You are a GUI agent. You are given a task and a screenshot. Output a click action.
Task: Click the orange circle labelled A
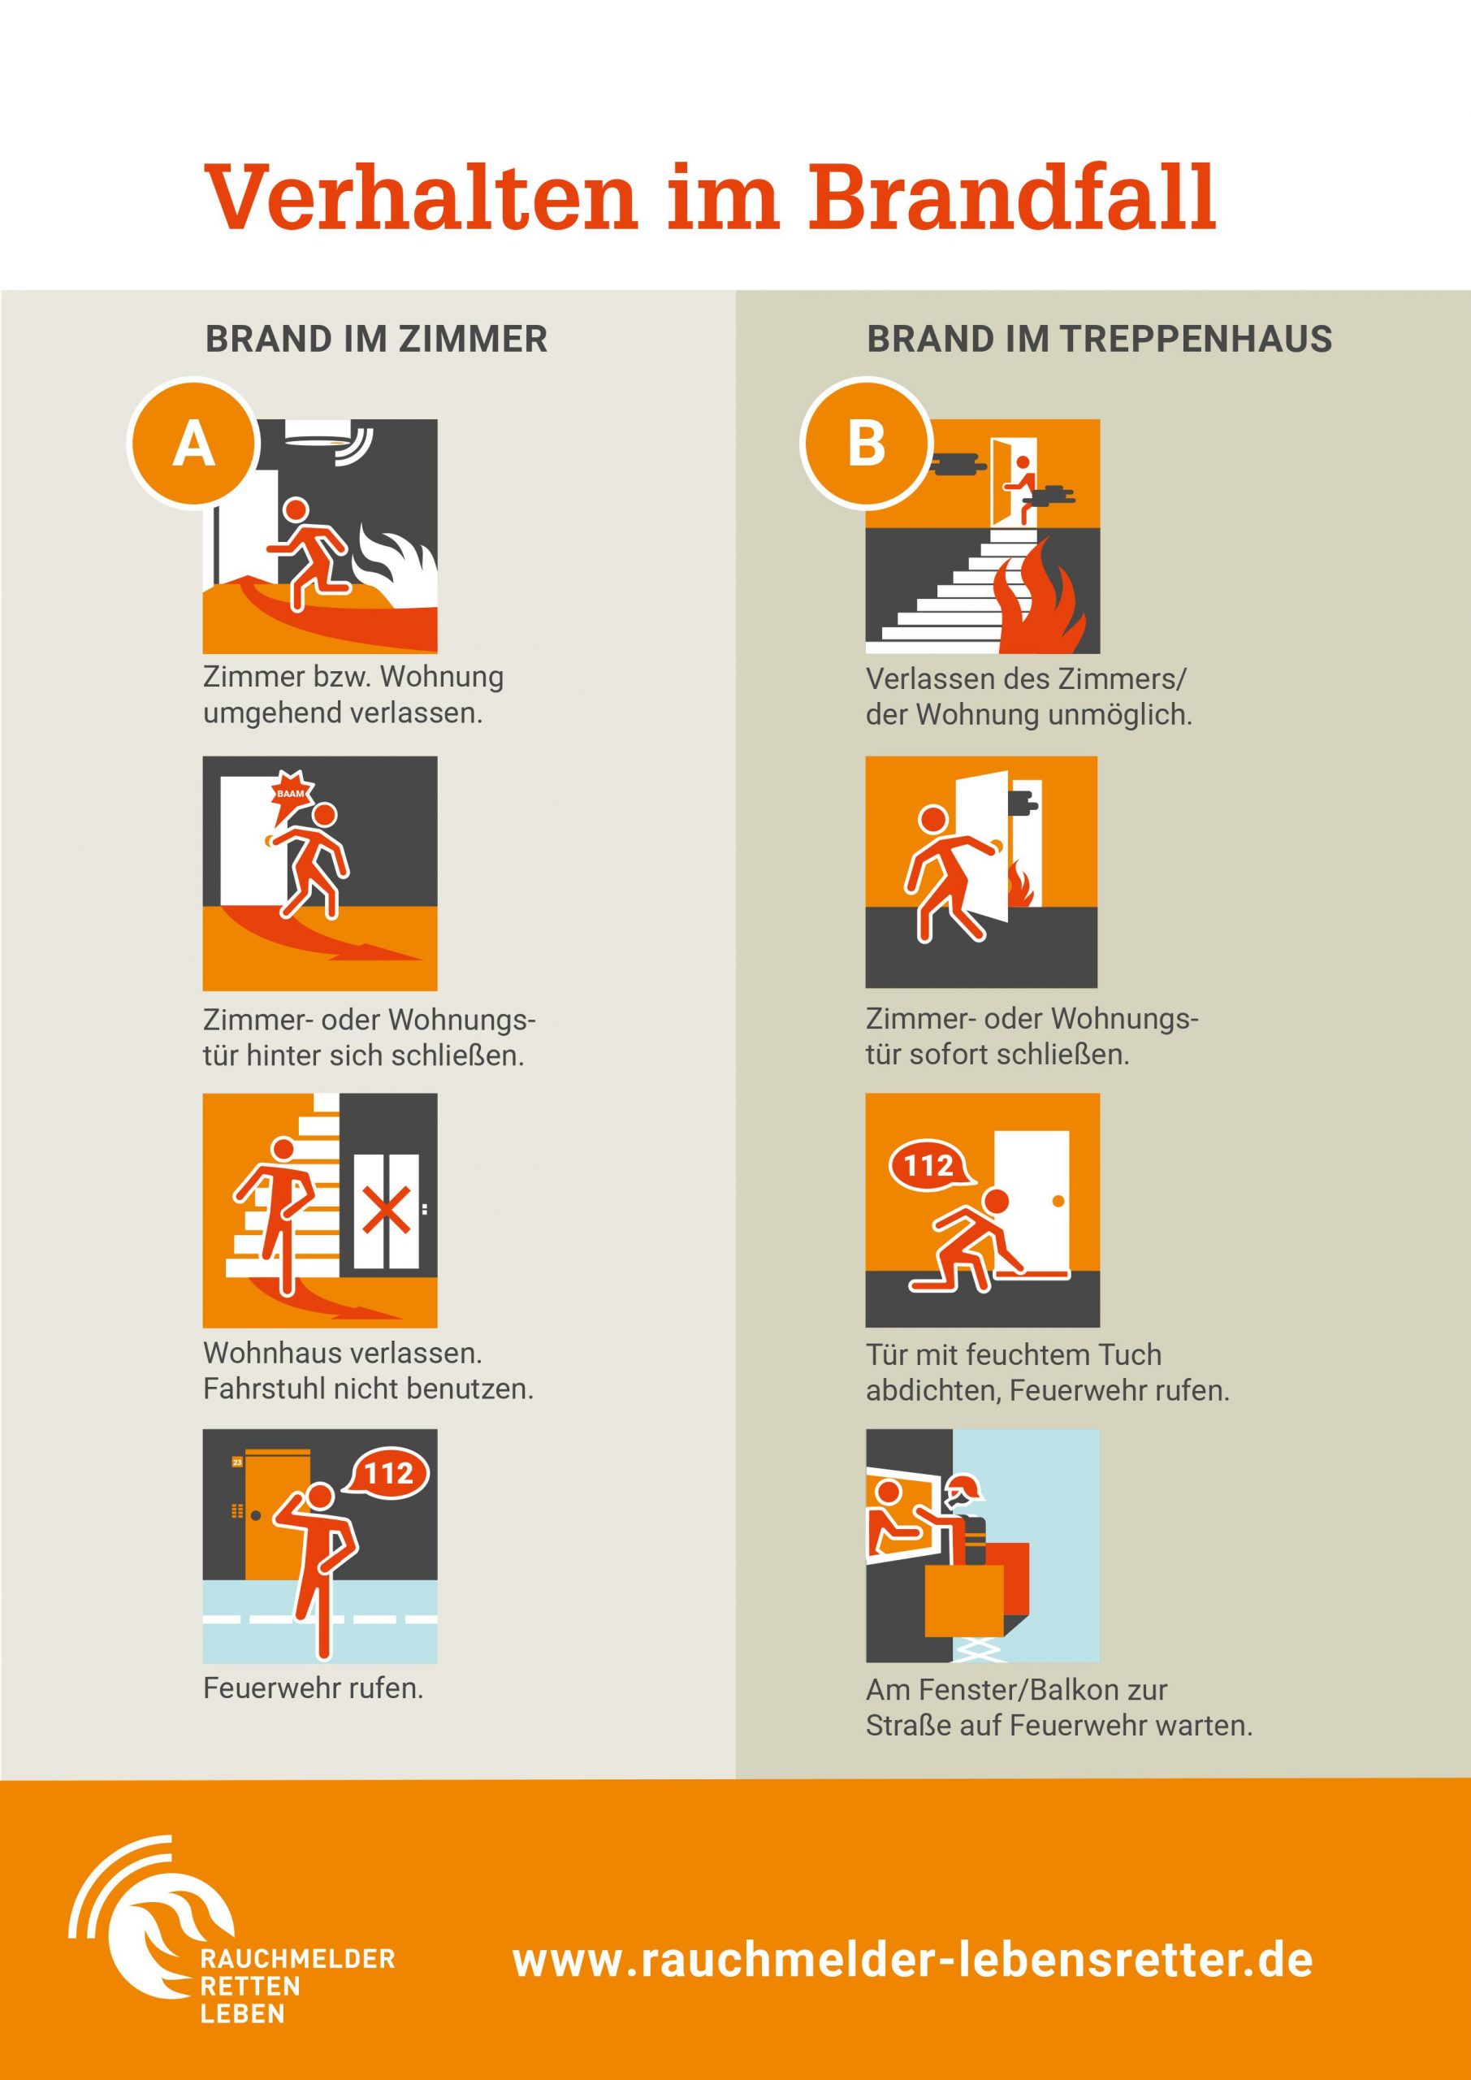193,444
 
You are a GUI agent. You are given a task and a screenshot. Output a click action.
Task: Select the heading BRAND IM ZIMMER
376,339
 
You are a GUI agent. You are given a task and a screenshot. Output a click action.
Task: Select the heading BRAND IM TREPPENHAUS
1099,339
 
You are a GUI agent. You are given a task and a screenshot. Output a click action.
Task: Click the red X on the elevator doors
386,1211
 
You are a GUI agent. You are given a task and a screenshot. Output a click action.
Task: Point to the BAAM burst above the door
292,791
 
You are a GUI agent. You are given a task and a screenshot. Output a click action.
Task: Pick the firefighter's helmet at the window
962,1487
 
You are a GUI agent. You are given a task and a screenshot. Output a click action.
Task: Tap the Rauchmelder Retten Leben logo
230,1931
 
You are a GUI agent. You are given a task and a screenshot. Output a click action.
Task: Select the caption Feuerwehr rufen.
314,1688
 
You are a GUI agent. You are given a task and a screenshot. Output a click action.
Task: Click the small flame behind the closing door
1021,883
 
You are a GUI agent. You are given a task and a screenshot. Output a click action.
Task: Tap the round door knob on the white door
1058,1202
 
